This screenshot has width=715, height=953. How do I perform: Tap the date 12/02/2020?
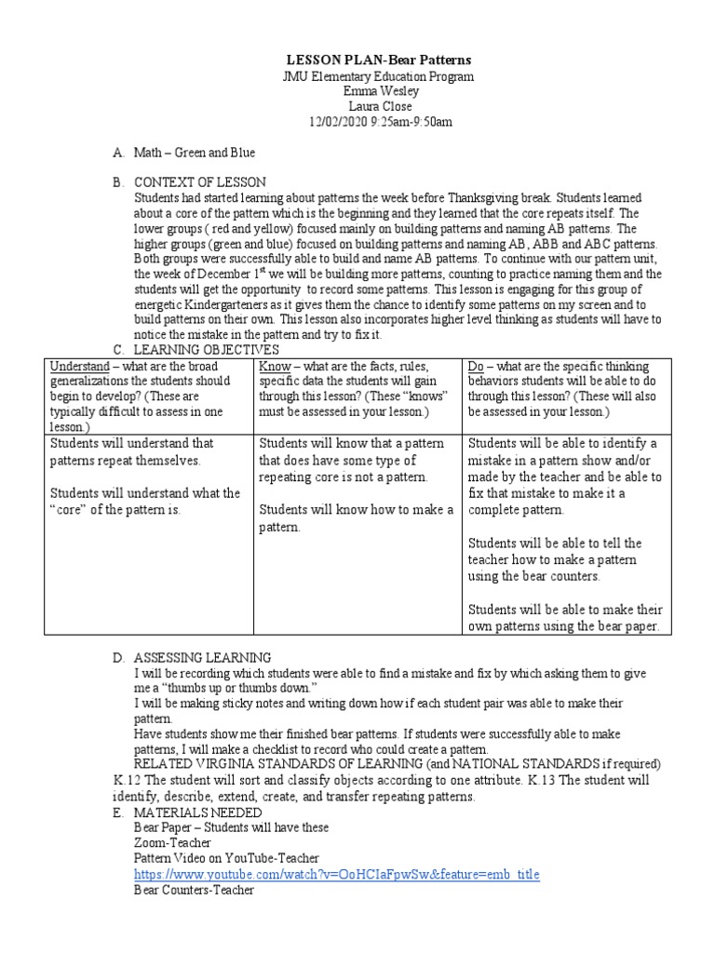click(338, 122)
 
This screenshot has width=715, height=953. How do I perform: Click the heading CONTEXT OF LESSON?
click(200, 181)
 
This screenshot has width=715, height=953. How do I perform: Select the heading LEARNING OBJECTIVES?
click(207, 349)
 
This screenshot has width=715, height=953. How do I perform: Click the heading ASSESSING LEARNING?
click(203, 657)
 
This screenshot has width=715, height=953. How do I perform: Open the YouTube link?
click(336, 875)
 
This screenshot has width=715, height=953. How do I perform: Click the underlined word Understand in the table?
click(79, 366)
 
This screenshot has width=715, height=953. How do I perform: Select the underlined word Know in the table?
click(275, 366)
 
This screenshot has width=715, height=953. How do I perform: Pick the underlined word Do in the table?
click(478, 366)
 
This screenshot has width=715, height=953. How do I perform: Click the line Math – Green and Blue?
click(195, 152)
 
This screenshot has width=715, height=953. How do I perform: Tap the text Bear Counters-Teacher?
click(194, 891)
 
